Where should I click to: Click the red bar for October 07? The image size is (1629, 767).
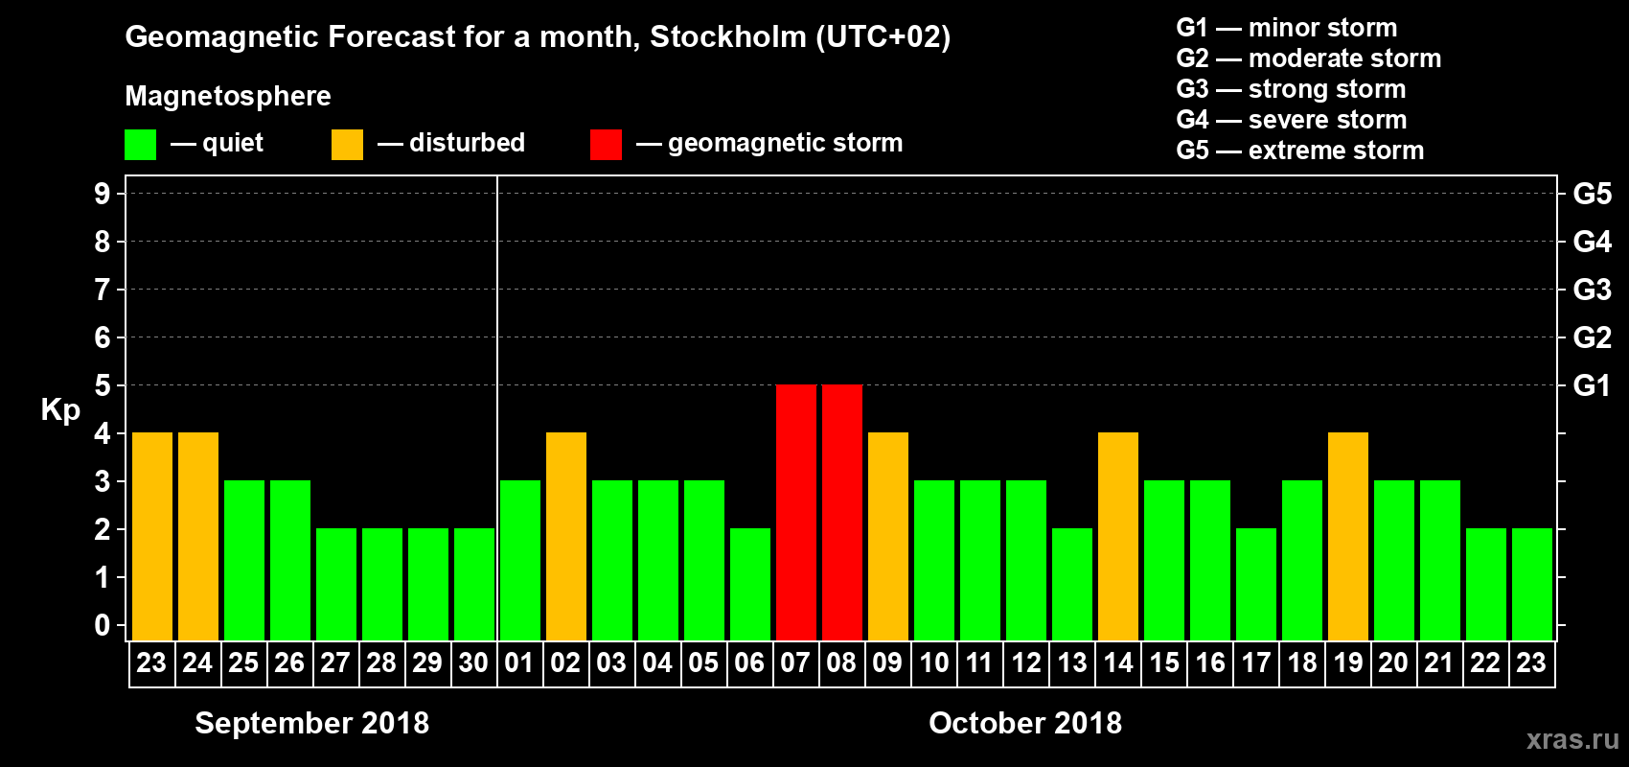coord(796,512)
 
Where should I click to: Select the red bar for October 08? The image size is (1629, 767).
coord(842,512)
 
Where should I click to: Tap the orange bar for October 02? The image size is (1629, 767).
coord(566,536)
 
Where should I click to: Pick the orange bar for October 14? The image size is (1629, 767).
coord(1118,536)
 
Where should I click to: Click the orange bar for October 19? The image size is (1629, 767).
coord(1348,536)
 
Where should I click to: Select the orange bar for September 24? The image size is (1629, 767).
coord(198,536)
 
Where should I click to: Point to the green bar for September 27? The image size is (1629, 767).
coord(336,584)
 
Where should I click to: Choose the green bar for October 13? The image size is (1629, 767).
coord(1072,584)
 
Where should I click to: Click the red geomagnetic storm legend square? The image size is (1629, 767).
coord(606,145)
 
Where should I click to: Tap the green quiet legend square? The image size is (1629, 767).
coord(141,145)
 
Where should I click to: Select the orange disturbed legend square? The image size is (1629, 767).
coord(347,145)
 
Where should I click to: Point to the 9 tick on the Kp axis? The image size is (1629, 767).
coord(103,194)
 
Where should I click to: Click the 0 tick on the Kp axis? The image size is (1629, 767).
coord(103,626)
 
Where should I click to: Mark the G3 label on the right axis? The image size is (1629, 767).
coord(1592,290)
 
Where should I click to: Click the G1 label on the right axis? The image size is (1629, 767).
coord(1592,385)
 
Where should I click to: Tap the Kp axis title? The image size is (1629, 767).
coord(60,410)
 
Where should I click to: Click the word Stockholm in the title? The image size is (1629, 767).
coord(728,37)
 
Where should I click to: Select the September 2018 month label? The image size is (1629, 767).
coord(311,723)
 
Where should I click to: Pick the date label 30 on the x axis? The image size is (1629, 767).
coord(473,663)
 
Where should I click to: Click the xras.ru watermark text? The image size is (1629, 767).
coord(1572,739)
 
